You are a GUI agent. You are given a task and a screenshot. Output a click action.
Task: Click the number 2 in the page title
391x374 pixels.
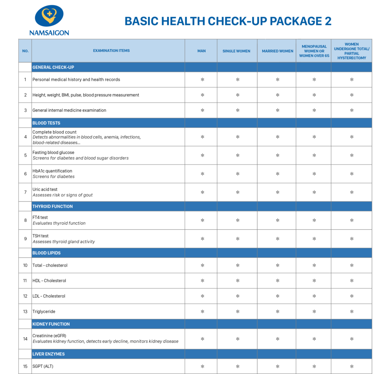[x=328, y=21]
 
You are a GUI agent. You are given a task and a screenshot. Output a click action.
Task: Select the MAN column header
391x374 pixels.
[x=201, y=51]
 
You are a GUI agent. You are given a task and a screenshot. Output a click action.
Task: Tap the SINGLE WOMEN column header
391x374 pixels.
[x=237, y=51]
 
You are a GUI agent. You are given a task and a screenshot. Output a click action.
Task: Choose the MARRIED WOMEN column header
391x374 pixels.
[x=278, y=51]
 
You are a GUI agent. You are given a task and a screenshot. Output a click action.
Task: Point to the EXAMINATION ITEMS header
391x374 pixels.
[x=111, y=50]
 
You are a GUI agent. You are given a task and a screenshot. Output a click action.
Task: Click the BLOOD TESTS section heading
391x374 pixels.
[x=46, y=123]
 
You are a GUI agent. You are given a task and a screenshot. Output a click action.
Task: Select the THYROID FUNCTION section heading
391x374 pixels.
[x=52, y=207]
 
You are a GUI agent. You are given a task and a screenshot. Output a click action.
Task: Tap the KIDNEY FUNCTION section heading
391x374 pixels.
[x=51, y=324]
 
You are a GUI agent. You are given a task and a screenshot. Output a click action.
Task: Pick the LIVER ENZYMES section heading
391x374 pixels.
[x=48, y=354]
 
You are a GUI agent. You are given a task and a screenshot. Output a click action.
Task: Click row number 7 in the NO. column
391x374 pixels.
[x=25, y=192]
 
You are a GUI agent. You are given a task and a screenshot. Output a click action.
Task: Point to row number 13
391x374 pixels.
[x=25, y=312]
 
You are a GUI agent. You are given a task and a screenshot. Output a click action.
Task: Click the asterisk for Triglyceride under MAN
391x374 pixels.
[x=202, y=312]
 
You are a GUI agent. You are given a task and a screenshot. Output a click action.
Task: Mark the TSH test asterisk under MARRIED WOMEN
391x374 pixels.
[x=278, y=239]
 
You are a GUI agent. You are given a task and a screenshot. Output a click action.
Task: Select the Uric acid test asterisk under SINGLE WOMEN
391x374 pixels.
[x=238, y=192]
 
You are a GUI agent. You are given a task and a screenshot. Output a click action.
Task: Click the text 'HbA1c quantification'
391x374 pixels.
[x=52, y=171]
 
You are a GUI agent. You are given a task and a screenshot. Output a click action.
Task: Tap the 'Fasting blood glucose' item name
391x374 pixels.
[x=53, y=153]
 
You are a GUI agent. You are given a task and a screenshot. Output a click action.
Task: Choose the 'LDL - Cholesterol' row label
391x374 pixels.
[x=49, y=296]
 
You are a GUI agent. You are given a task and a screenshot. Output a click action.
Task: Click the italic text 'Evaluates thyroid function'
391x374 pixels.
[x=59, y=223]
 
